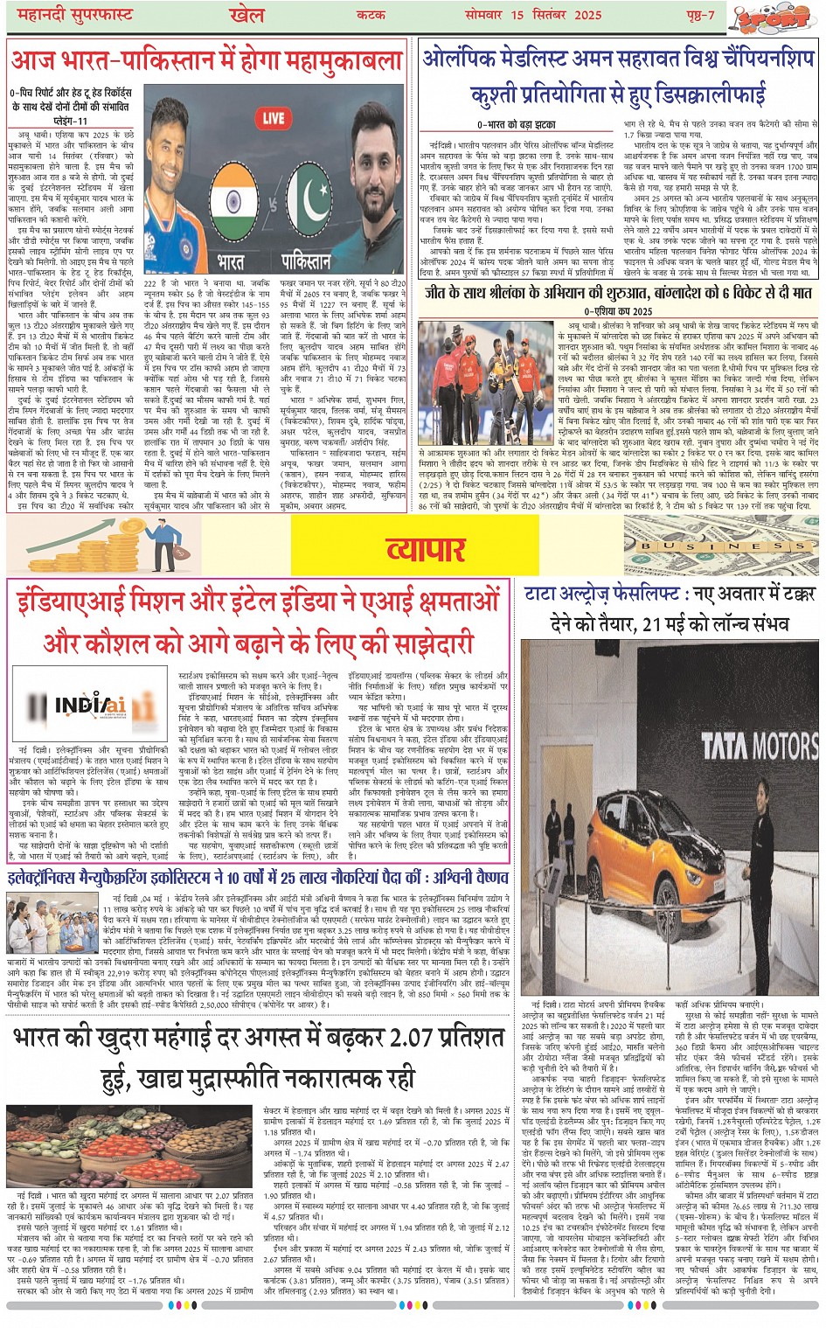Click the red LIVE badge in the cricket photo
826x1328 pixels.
tap(274, 118)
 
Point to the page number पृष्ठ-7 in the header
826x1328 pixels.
tap(700, 15)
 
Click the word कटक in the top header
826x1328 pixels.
tap(370, 15)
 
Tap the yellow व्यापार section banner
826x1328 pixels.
tap(427, 548)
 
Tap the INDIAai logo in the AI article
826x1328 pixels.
tap(90, 705)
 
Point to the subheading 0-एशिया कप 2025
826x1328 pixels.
tap(618, 311)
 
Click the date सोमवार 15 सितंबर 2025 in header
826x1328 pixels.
tap(545, 15)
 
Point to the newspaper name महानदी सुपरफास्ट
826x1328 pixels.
tap(70, 15)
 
